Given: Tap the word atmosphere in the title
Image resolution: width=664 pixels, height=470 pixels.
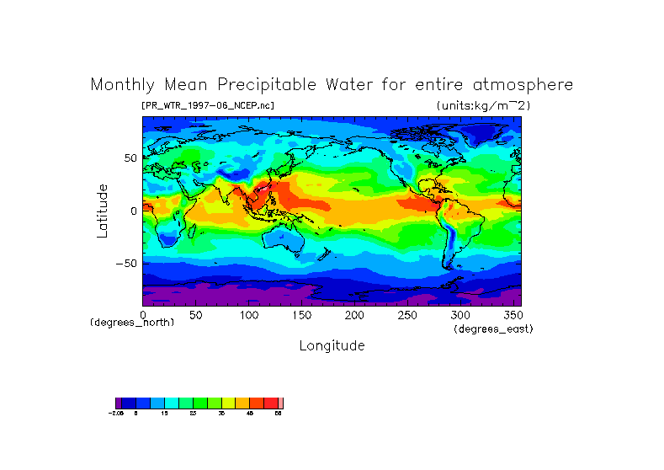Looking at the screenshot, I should tap(521, 85).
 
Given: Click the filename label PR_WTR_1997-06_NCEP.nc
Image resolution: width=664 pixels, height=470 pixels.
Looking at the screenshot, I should tap(208, 105).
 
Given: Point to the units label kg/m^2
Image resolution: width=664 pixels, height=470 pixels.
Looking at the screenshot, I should tap(483, 105).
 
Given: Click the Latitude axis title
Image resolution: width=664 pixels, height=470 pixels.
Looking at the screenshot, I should tap(102, 211).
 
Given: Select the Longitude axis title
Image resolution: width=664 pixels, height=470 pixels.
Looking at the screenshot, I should tap(332, 345).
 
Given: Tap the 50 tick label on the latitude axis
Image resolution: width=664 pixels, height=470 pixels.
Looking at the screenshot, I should tap(130, 158).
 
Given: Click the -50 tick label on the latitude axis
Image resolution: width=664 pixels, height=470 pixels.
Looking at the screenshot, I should tap(126, 263).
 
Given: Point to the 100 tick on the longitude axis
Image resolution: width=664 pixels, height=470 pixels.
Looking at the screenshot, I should tap(249, 314).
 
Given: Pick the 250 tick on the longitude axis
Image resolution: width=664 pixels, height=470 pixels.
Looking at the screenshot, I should tap(407, 314).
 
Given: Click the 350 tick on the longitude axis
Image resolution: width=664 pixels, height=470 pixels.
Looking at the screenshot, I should tap(513, 314).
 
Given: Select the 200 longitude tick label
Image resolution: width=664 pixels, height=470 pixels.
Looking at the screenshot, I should tap(354, 314).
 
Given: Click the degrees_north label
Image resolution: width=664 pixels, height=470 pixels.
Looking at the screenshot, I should tap(132, 323).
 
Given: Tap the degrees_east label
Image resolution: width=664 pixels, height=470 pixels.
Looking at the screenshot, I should tap(493, 328).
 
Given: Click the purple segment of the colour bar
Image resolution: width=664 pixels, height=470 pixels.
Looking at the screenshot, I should tap(119, 403).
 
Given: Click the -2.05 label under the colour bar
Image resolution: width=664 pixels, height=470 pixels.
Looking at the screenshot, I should tap(117, 414).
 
